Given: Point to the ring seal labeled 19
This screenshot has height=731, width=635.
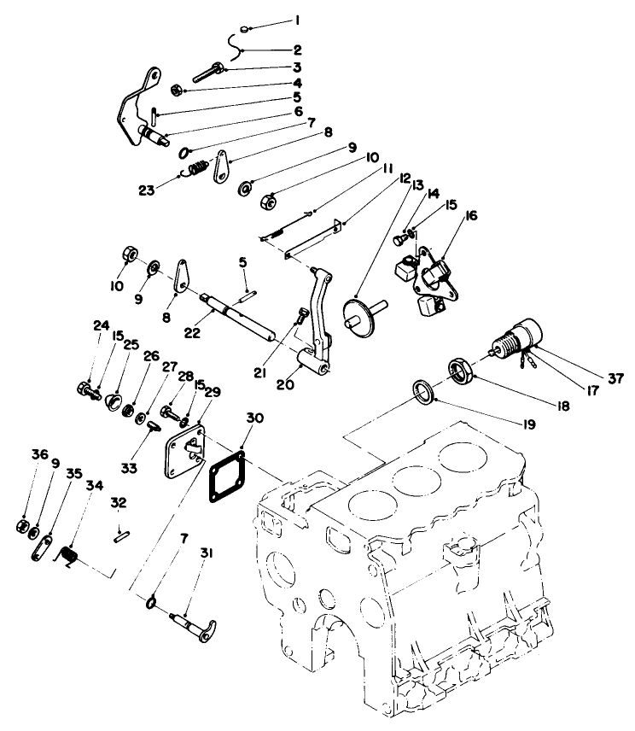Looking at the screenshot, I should click(422, 391).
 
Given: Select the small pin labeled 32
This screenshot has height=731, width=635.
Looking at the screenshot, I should click(120, 536).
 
